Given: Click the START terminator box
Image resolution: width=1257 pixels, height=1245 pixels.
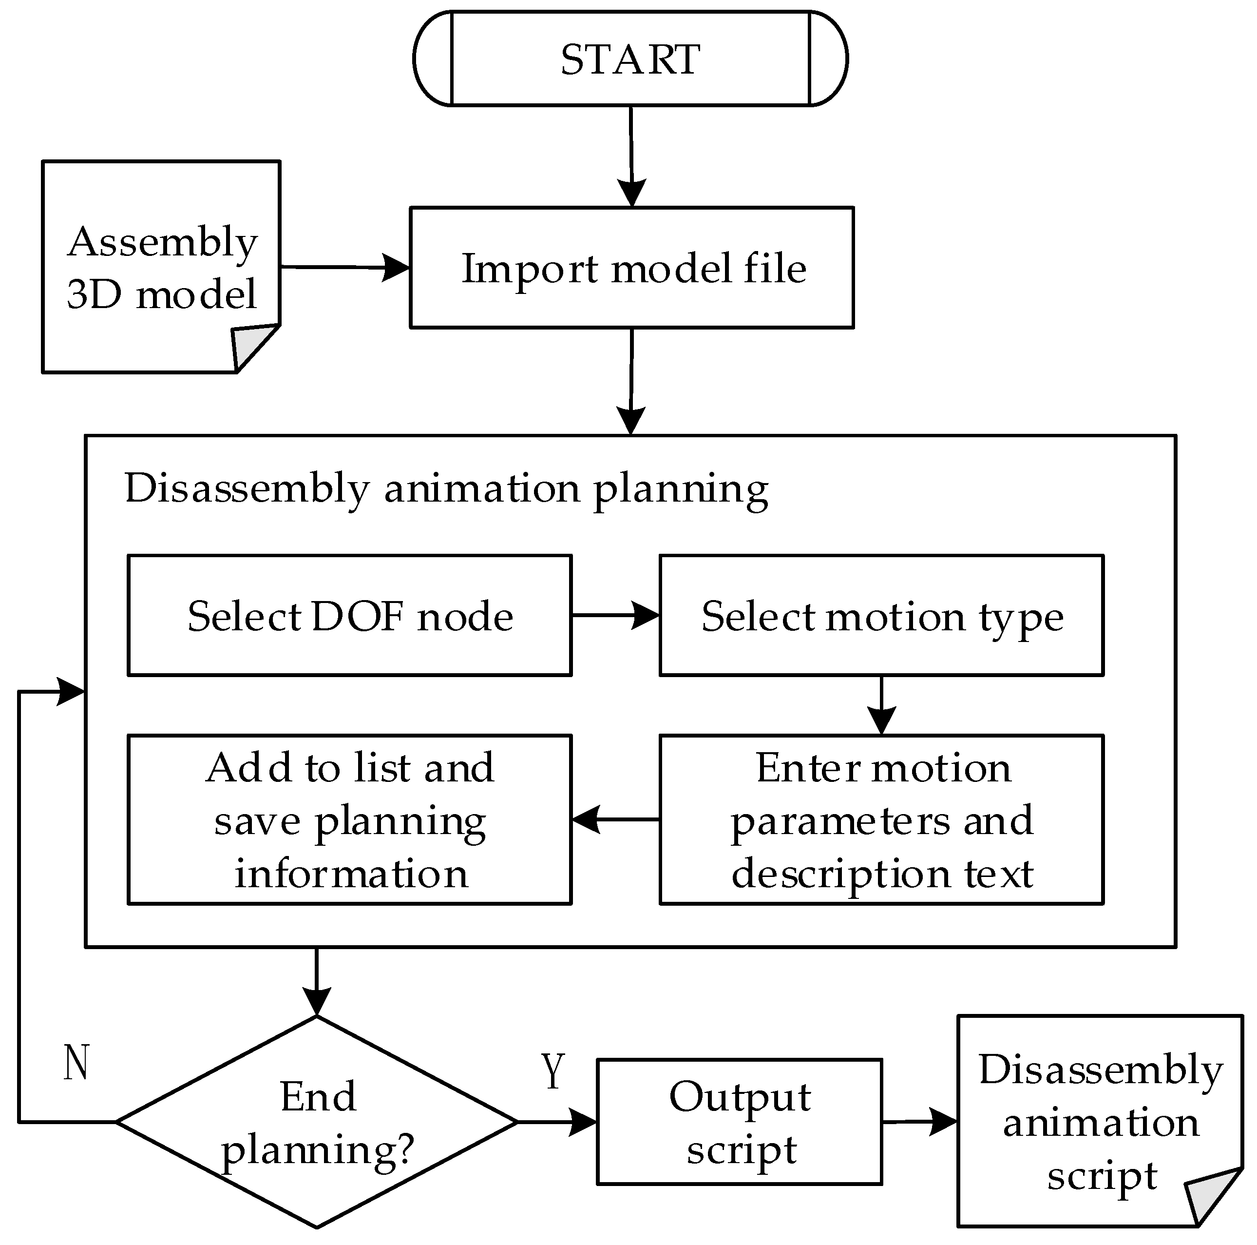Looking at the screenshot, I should (x=630, y=58).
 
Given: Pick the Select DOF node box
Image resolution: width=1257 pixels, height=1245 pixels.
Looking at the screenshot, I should (x=349, y=616).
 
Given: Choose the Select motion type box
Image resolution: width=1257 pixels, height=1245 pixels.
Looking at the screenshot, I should (x=881, y=616).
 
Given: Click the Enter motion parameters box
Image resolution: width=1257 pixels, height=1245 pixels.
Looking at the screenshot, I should (x=881, y=820).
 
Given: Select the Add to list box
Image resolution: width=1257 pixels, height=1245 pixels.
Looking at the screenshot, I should (x=349, y=820).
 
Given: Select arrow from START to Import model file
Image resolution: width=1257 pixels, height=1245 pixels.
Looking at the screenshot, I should (x=631, y=156).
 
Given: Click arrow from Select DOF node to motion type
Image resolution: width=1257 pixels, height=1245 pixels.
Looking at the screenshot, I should (x=615, y=616).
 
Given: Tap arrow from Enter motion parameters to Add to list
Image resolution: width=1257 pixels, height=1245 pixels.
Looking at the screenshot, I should (x=615, y=820).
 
